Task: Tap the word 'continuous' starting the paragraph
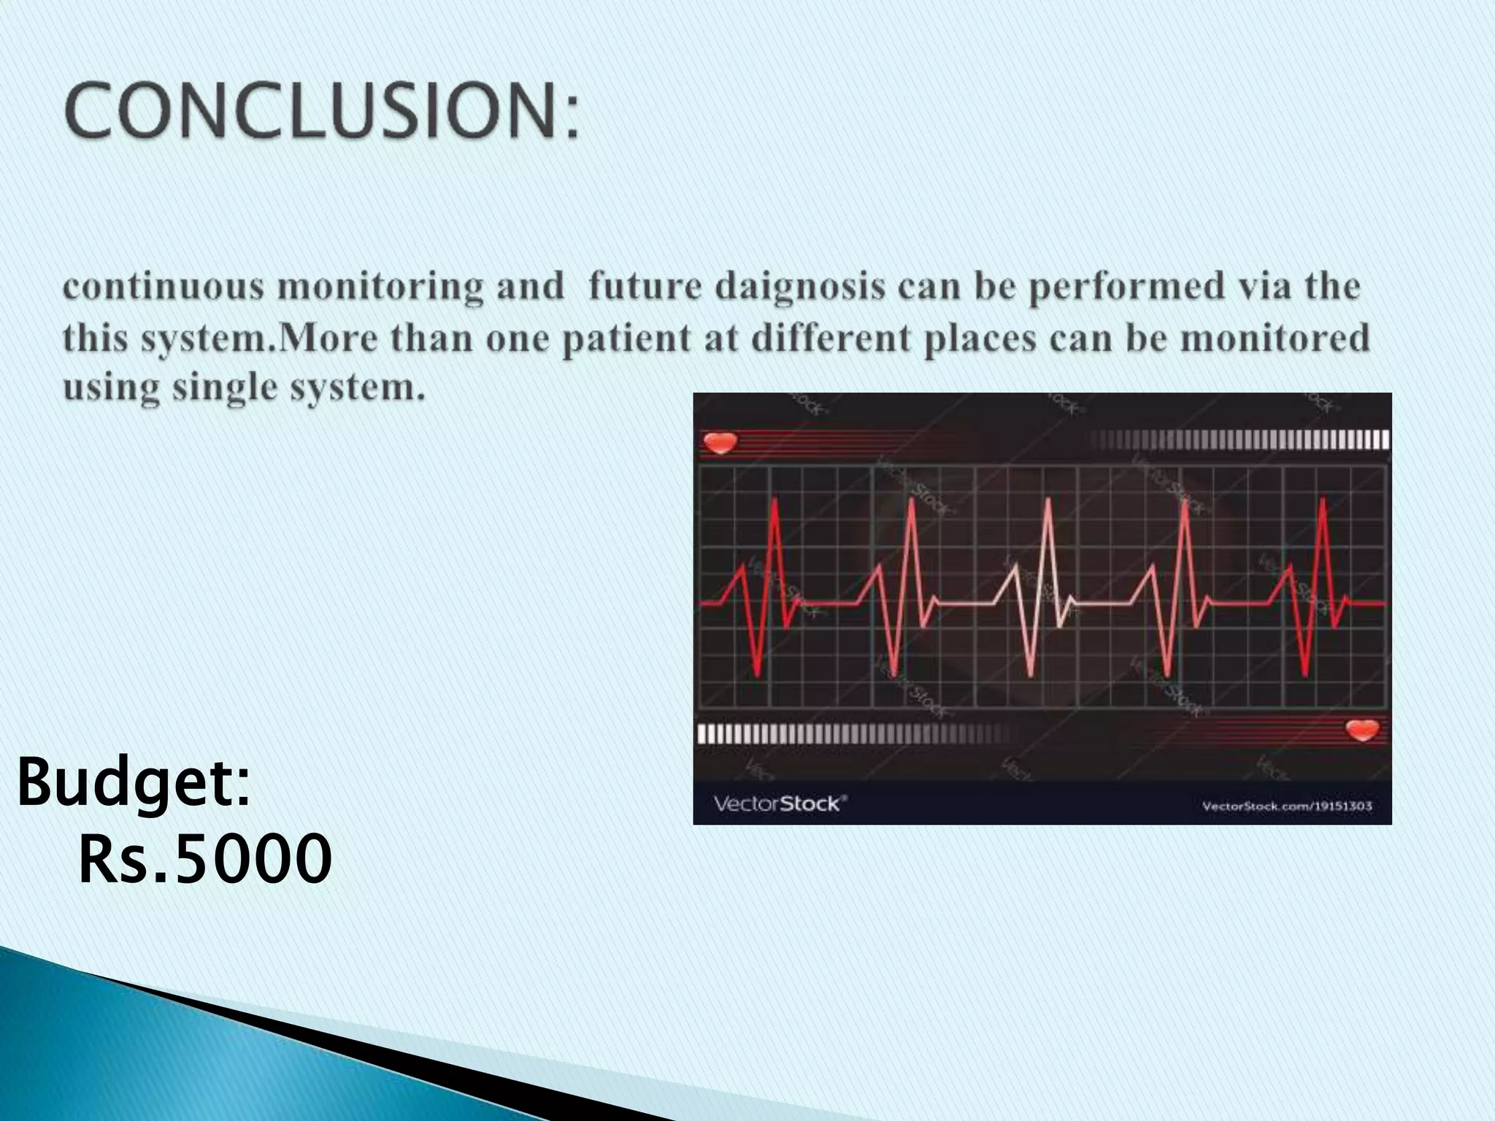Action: click(x=163, y=286)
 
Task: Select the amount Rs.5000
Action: click(x=204, y=860)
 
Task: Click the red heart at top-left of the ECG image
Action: click(x=720, y=442)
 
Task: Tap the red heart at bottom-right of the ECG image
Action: click(x=1362, y=729)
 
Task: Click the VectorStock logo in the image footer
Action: click(x=779, y=804)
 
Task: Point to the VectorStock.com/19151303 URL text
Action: click(x=1286, y=806)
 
